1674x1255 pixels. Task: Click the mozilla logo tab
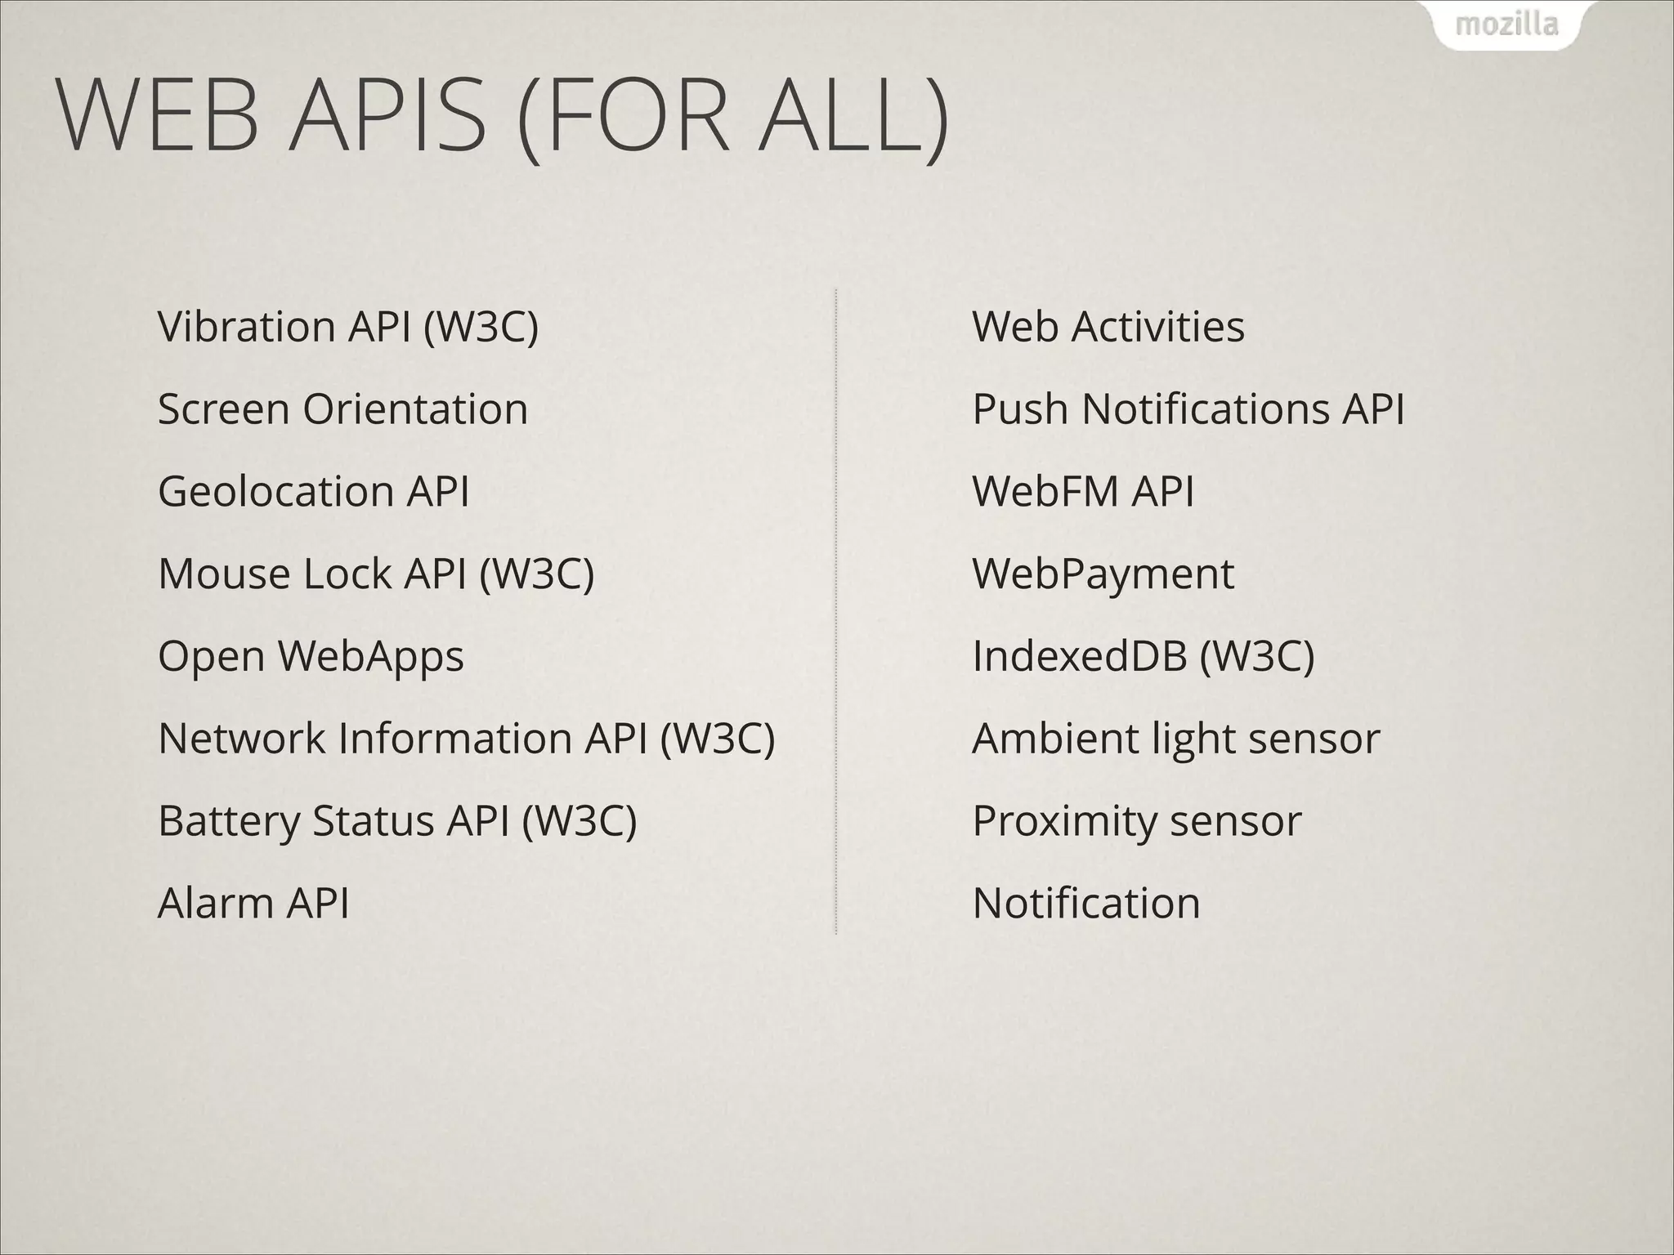click(1506, 25)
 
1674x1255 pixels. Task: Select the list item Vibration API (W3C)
click(348, 327)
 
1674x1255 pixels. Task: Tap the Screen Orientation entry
click(342, 409)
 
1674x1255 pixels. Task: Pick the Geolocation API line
click(313, 492)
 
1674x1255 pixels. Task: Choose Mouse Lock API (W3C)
click(376, 574)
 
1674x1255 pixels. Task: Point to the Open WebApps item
click(311, 656)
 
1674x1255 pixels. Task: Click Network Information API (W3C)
click(466, 739)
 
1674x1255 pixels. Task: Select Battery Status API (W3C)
click(397, 821)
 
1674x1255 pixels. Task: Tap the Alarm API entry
click(253, 904)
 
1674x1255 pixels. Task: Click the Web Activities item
click(1108, 327)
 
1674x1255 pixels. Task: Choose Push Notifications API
click(1188, 409)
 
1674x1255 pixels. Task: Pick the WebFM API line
click(1083, 492)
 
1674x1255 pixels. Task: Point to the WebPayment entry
click(1103, 574)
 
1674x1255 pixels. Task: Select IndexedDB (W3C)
click(1144, 656)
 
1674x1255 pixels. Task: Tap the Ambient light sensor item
click(1176, 739)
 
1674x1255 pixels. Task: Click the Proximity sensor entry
click(1137, 821)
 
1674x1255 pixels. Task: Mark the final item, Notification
click(1086, 904)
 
